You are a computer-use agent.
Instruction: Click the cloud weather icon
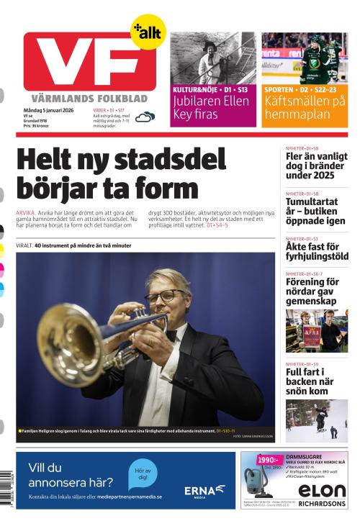tap(145, 117)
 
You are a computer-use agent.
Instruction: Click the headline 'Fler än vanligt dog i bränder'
tap(317, 166)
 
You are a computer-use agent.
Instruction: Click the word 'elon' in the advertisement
tap(322, 490)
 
